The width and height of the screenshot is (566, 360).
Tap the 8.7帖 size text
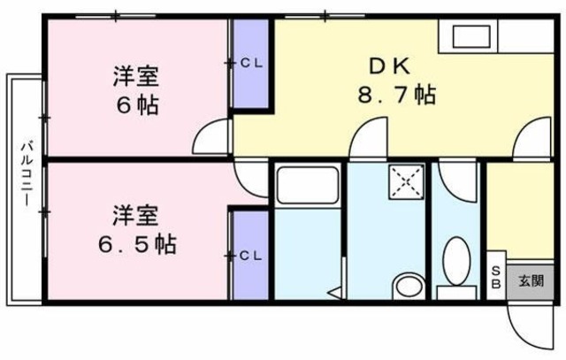click(x=394, y=94)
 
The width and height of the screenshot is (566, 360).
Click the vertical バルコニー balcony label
click(x=28, y=172)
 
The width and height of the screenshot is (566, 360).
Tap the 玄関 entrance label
click(x=531, y=282)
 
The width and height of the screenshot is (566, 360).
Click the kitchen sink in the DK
click(x=473, y=38)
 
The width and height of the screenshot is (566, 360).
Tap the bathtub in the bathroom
click(x=304, y=186)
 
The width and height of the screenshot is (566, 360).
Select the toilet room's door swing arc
click(x=458, y=181)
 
